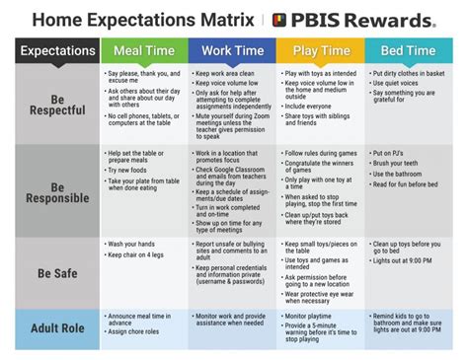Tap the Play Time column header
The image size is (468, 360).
pos(320,50)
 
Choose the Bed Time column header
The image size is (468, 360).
pos(409,50)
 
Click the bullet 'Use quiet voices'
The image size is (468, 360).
pos(401,84)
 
